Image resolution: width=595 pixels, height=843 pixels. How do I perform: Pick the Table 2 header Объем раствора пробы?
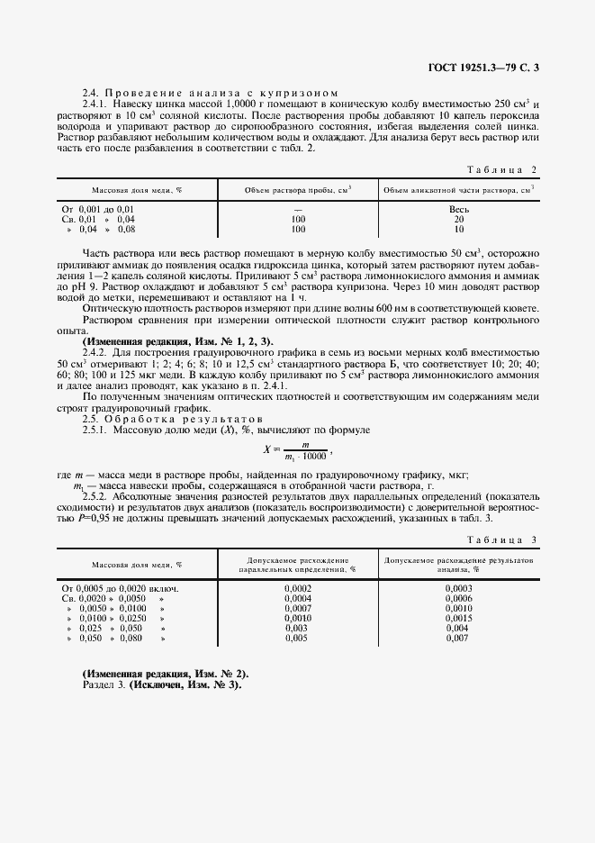coord(298,190)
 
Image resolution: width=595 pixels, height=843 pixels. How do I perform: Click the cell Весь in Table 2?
coord(459,209)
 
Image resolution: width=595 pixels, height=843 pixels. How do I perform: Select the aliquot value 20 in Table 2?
coord(459,219)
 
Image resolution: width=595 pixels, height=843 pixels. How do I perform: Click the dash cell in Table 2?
coord(298,209)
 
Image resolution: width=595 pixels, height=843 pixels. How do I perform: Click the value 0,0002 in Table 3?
coord(298,588)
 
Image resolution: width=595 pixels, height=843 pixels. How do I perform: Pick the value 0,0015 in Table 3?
coord(458,618)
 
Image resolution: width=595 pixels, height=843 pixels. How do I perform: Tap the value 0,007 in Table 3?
coord(458,638)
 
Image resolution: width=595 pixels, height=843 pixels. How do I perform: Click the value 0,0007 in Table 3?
coord(298,608)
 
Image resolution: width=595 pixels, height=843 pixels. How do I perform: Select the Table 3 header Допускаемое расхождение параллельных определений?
coord(298,565)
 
